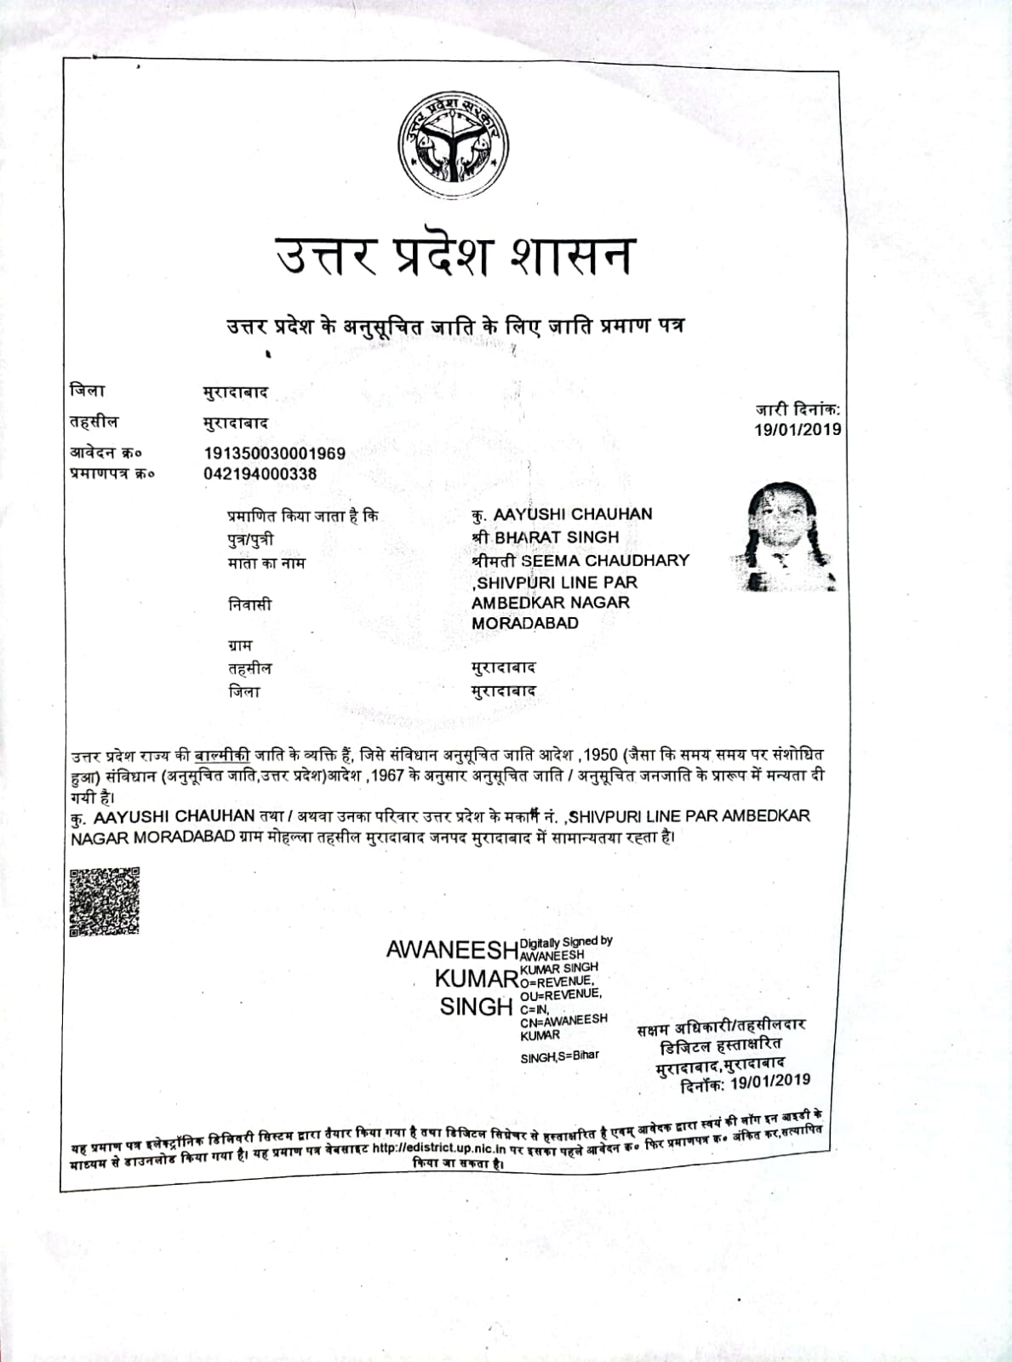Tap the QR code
pyautogui.click(x=104, y=901)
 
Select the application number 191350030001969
pyautogui.click(x=274, y=453)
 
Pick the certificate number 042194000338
pyautogui.click(x=260, y=474)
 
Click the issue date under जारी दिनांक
pyautogui.click(x=798, y=430)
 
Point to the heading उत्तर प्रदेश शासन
pyautogui.click(x=454, y=255)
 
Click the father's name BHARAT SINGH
pyautogui.click(x=557, y=537)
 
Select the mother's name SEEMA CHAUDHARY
pyautogui.click(x=605, y=560)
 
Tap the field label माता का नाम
pyautogui.click(x=266, y=563)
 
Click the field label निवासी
pyautogui.click(x=249, y=604)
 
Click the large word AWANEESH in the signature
pyautogui.click(x=452, y=949)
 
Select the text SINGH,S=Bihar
pyautogui.click(x=559, y=1056)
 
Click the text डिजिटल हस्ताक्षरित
pyautogui.click(x=721, y=1044)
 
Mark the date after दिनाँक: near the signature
pyautogui.click(x=769, y=1081)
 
